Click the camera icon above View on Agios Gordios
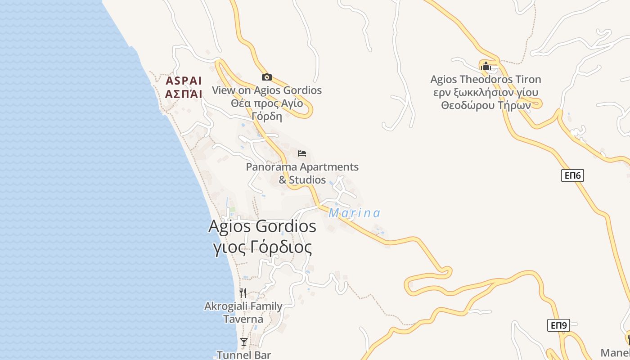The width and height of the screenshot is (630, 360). (267, 77)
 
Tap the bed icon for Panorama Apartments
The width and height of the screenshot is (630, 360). (302, 153)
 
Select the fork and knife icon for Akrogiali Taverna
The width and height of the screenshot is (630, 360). (243, 293)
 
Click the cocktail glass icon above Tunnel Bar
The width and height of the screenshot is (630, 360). (243, 342)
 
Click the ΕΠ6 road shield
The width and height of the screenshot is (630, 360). (572, 175)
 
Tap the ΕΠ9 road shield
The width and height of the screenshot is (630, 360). (558, 325)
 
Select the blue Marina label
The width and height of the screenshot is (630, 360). (354, 213)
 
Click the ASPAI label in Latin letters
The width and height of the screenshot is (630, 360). (184, 81)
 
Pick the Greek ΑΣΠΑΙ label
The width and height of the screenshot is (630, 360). (184, 94)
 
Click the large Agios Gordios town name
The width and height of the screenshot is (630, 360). (262, 226)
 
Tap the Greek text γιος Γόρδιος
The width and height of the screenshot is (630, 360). (262, 247)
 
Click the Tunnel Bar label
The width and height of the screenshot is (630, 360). (244, 355)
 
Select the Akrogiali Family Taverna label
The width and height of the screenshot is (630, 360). (243, 313)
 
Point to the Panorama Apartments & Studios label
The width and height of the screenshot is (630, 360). (302, 173)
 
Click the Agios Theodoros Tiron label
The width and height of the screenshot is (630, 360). (486, 80)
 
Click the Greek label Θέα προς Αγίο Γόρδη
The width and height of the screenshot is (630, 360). (267, 110)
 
